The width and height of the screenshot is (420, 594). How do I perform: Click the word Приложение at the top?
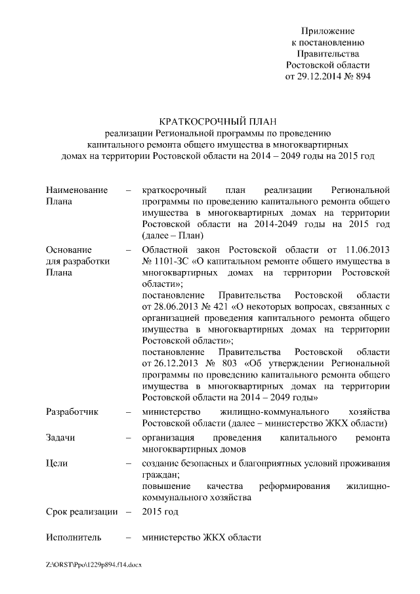click(x=327, y=31)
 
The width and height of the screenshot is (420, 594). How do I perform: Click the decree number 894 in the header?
click(x=362, y=76)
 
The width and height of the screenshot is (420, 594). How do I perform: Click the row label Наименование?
click(x=77, y=190)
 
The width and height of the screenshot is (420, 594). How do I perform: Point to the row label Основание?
click(x=69, y=249)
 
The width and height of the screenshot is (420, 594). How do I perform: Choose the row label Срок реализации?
click(x=82, y=511)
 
